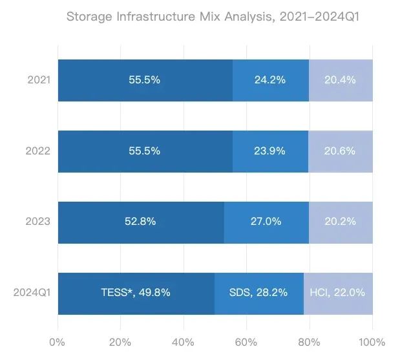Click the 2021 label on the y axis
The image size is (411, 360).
point(39,81)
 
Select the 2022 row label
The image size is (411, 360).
point(39,151)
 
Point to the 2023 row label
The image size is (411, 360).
point(39,222)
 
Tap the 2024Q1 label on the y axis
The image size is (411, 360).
point(32,292)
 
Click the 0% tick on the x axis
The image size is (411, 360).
point(58,341)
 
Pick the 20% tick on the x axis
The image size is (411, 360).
point(121,341)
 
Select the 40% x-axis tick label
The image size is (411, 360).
point(184,341)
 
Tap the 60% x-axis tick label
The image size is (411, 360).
point(246,341)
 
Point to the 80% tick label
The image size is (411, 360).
point(310,341)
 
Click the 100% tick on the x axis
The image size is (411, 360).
point(372,341)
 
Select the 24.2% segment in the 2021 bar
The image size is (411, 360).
point(270,81)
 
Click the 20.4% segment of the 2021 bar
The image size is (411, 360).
point(341,81)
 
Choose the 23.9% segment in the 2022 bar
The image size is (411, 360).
point(270,151)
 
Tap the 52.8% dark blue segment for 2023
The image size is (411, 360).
point(140,222)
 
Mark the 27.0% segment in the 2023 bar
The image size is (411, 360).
point(266,222)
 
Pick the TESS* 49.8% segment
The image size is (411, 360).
point(136,292)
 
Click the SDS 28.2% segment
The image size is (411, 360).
point(258,292)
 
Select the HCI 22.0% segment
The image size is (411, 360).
point(338,292)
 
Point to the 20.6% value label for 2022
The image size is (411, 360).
point(340,151)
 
